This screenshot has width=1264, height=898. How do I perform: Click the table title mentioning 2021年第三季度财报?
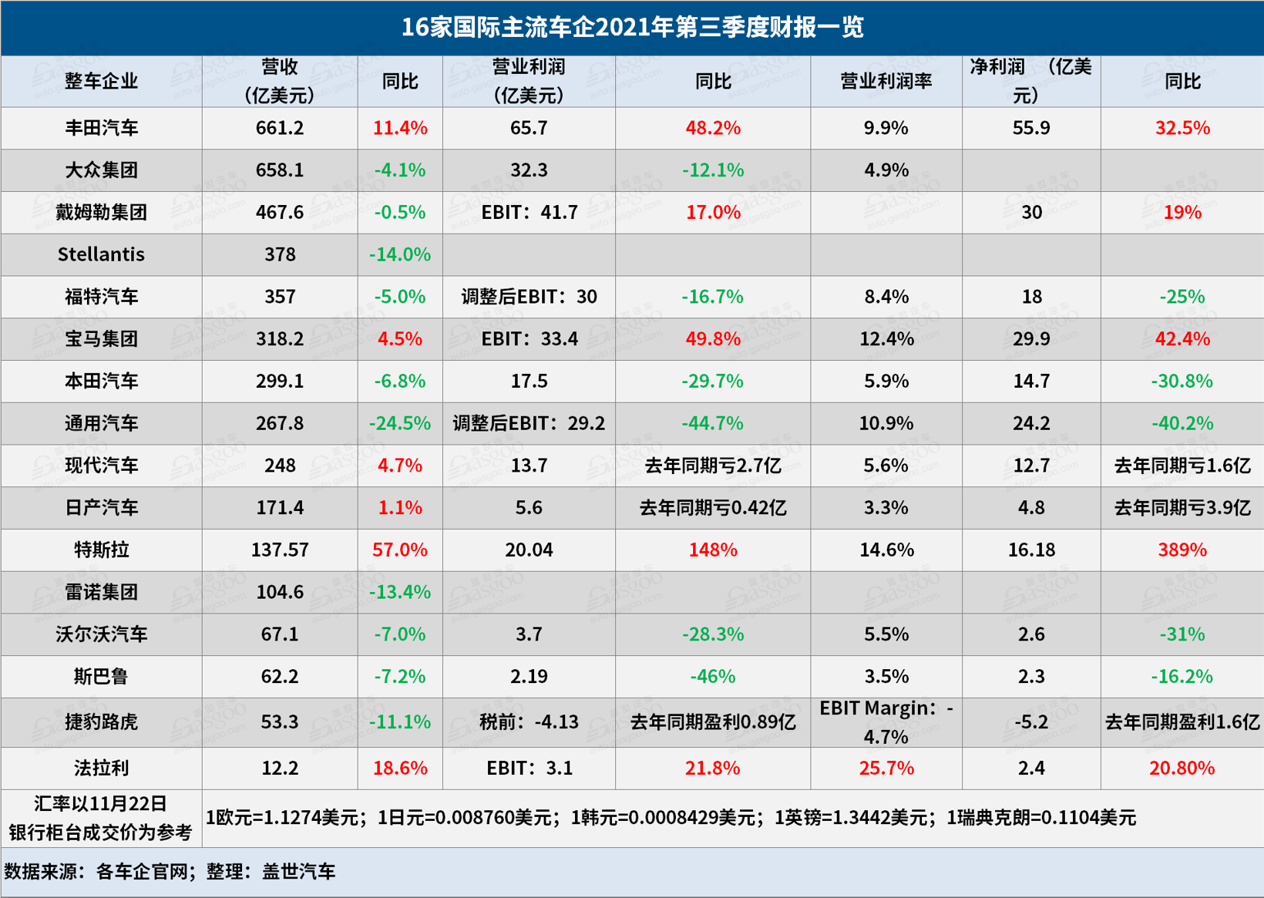632,28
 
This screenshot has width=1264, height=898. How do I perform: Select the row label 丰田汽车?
101,128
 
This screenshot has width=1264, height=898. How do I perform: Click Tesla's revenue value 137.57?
280,550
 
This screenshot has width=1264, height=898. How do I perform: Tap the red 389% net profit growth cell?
1182,550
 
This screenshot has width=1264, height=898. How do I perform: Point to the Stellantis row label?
101,254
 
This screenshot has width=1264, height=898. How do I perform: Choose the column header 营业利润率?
886,82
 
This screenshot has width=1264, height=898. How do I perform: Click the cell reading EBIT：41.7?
529,213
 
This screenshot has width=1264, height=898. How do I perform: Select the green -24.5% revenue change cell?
399,424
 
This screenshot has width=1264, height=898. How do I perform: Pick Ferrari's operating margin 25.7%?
886,769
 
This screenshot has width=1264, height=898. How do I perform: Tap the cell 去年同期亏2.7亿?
712,466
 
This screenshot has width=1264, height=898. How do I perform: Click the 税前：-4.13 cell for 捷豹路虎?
529,722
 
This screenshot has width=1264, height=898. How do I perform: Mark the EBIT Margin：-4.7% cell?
886,722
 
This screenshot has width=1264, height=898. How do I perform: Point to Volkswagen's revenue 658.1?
280,170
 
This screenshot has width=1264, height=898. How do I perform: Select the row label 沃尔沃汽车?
101,634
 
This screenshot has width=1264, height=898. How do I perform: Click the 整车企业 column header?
101,82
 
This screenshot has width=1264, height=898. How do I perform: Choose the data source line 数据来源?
170,872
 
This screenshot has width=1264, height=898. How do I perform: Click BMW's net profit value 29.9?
1030,339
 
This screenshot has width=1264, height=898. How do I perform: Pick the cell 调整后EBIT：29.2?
529,424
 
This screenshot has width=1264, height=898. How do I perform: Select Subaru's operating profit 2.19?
529,677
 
